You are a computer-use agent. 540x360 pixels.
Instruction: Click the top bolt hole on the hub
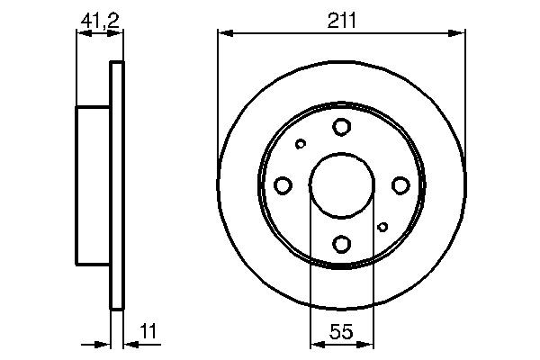[x=341, y=127]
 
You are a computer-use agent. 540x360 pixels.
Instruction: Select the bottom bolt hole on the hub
[x=341, y=242]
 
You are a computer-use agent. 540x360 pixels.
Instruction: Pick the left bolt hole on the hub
[x=283, y=184]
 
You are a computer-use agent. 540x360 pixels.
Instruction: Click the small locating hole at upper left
[x=301, y=143]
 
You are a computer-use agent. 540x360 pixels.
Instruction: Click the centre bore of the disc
[x=341, y=184]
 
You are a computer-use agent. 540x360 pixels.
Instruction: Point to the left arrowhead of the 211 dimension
[x=224, y=33]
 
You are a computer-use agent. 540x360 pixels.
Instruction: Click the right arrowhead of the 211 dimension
[x=459, y=33]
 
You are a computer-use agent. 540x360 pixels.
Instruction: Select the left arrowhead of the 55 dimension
[x=315, y=343]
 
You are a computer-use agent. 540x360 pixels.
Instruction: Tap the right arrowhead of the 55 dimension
[x=367, y=343]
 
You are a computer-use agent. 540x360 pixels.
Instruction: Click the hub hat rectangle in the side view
[x=93, y=184]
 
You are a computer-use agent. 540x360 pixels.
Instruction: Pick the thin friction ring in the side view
[x=115, y=184]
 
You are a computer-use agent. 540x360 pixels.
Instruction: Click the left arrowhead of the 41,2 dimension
[x=82, y=33]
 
